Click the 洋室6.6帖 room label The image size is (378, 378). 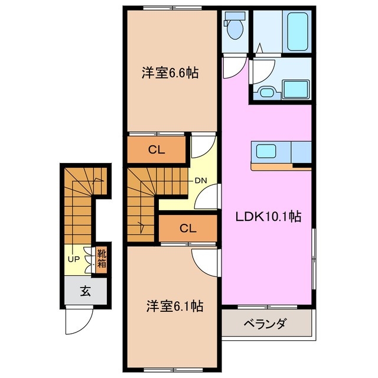[x=169, y=73]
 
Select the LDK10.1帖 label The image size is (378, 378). [x=269, y=217]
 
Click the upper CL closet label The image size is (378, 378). [x=156, y=150]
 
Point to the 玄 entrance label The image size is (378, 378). [x=85, y=291]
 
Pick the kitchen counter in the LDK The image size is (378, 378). [x=281, y=152]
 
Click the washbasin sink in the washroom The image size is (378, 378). [x=266, y=92]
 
